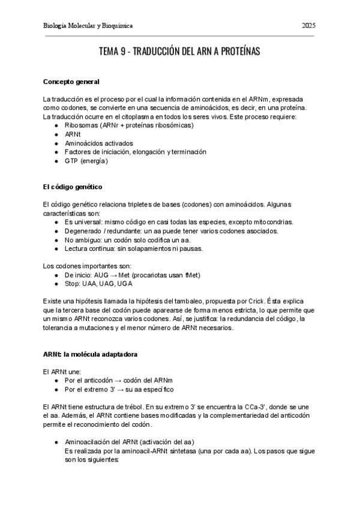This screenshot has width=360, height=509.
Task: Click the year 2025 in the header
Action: (309, 26)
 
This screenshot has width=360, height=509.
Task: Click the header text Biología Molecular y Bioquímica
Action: (88, 26)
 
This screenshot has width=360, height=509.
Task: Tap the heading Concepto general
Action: (71, 82)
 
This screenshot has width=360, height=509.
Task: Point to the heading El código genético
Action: (73, 187)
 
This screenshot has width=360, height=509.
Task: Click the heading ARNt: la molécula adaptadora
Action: (90, 354)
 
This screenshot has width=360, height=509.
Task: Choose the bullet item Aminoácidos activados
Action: (98, 143)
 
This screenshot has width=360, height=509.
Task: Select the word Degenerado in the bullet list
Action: (83, 230)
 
